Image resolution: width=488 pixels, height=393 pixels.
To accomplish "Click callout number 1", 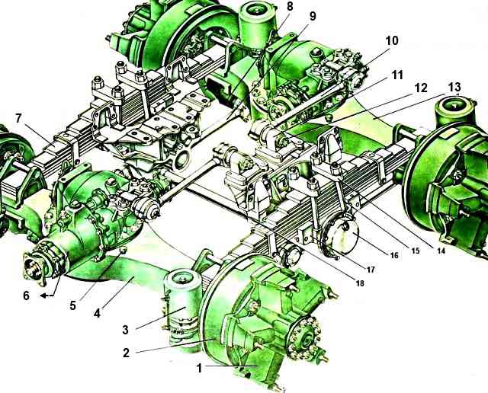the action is click(200, 368).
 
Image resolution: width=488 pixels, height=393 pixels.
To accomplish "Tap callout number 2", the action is click(126, 353).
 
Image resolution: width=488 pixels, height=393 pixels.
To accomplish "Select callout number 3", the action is click(125, 330).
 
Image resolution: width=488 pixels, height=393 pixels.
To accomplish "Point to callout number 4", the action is click(97, 313).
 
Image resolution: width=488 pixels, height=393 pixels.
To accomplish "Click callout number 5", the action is click(72, 305).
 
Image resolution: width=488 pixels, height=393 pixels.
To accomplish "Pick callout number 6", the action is click(26, 296).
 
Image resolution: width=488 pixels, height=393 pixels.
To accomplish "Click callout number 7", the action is click(18, 119).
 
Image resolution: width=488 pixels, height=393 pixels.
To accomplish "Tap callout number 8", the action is click(290, 6).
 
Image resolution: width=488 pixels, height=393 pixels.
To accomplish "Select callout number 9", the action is click(312, 16).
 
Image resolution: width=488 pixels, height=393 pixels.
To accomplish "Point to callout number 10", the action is click(391, 40).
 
